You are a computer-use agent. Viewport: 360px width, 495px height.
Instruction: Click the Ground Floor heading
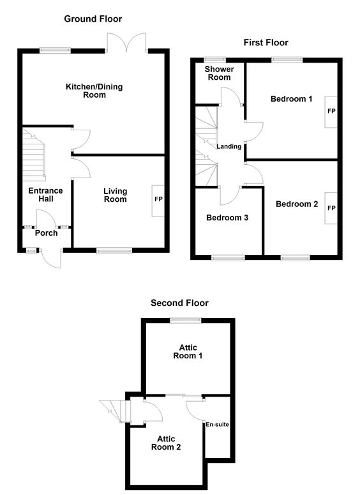[93, 19]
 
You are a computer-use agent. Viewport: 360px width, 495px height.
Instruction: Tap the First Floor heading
[266, 43]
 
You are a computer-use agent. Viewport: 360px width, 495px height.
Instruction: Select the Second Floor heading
[179, 303]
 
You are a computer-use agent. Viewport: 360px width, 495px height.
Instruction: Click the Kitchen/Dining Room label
[94, 91]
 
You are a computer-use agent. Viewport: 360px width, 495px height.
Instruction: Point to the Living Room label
[115, 195]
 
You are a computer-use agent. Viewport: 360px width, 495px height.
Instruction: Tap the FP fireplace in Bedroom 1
[331, 112]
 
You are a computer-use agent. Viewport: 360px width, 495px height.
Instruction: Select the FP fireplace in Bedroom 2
[331, 208]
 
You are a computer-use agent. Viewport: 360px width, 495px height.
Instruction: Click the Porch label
[47, 233]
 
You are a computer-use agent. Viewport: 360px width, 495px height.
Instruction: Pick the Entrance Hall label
[45, 195]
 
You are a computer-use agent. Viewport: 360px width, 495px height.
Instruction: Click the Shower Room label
[220, 73]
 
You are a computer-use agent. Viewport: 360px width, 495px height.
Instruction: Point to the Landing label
[229, 146]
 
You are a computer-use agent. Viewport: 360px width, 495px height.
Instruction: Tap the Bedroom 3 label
[227, 218]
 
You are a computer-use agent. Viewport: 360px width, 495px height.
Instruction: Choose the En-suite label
[217, 425]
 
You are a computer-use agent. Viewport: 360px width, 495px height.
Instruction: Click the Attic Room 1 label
[188, 352]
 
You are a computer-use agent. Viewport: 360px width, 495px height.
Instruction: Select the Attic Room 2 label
[166, 443]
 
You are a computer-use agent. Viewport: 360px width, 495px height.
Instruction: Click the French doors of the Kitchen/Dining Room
[126, 43]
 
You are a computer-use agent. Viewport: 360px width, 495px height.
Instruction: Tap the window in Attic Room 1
[186, 321]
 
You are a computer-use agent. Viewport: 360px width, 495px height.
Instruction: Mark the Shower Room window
[215, 59]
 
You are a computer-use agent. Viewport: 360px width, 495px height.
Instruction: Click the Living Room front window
[114, 250]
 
